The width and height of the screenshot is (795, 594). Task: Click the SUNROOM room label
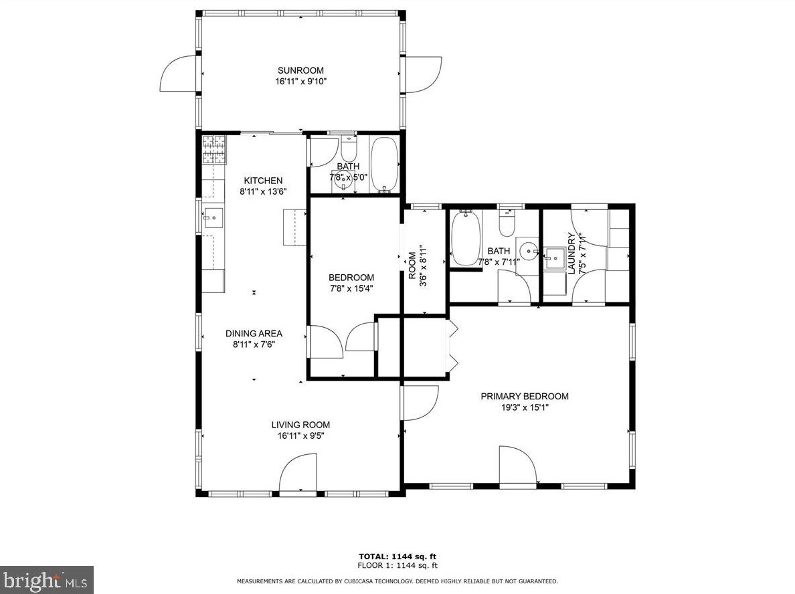click(300, 70)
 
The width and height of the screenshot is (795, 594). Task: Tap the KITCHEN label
click(263, 181)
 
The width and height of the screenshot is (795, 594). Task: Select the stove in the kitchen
click(214, 150)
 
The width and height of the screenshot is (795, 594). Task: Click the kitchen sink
click(213, 218)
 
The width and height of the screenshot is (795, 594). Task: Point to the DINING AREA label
click(254, 334)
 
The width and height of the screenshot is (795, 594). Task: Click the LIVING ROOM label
click(300, 425)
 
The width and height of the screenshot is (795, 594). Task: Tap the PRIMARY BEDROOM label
click(524, 397)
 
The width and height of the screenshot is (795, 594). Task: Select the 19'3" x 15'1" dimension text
click(524, 407)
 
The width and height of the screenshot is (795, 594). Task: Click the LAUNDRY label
click(571, 254)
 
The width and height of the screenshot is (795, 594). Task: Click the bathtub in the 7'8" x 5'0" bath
click(385, 165)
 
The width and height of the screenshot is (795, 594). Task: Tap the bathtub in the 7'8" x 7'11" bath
click(466, 238)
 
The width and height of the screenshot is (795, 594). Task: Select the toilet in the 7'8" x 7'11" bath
click(507, 223)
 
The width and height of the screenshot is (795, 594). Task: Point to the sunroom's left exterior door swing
click(178, 74)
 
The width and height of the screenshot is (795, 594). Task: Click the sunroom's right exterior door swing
click(424, 74)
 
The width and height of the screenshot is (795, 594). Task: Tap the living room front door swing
click(298, 472)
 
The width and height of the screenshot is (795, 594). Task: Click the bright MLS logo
click(47, 580)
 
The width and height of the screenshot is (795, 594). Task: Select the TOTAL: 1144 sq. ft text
click(397, 556)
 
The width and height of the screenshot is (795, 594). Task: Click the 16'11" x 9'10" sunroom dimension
click(300, 81)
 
